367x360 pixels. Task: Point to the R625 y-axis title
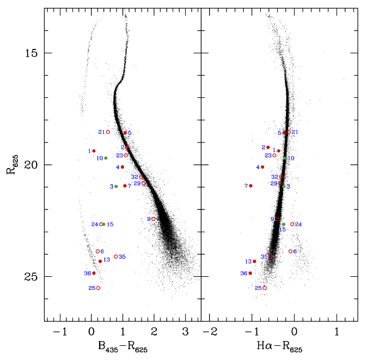click(x=10, y=165)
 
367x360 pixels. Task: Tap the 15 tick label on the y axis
click(x=30, y=53)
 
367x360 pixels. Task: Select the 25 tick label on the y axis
click(x=30, y=277)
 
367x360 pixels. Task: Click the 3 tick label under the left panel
click(x=185, y=332)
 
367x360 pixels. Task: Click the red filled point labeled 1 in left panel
click(x=94, y=151)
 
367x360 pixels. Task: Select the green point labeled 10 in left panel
click(x=106, y=158)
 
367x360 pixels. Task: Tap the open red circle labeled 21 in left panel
click(x=108, y=132)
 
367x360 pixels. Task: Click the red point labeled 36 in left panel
click(x=94, y=273)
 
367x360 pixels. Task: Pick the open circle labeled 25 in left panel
click(x=98, y=288)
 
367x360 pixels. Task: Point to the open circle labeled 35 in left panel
click(x=116, y=256)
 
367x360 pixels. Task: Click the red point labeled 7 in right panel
click(x=251, y=186)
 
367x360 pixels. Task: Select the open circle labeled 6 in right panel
click(x=290, y=251)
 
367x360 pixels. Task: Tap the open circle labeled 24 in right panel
click(x=292, y=224)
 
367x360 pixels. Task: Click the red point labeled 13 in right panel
click(x=254, y=262)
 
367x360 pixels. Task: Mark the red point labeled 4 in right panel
click(x=262, y=167)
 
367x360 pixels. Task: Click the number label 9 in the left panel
click(x=149, y=219)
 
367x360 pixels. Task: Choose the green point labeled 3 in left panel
click(x=116, y=187)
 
